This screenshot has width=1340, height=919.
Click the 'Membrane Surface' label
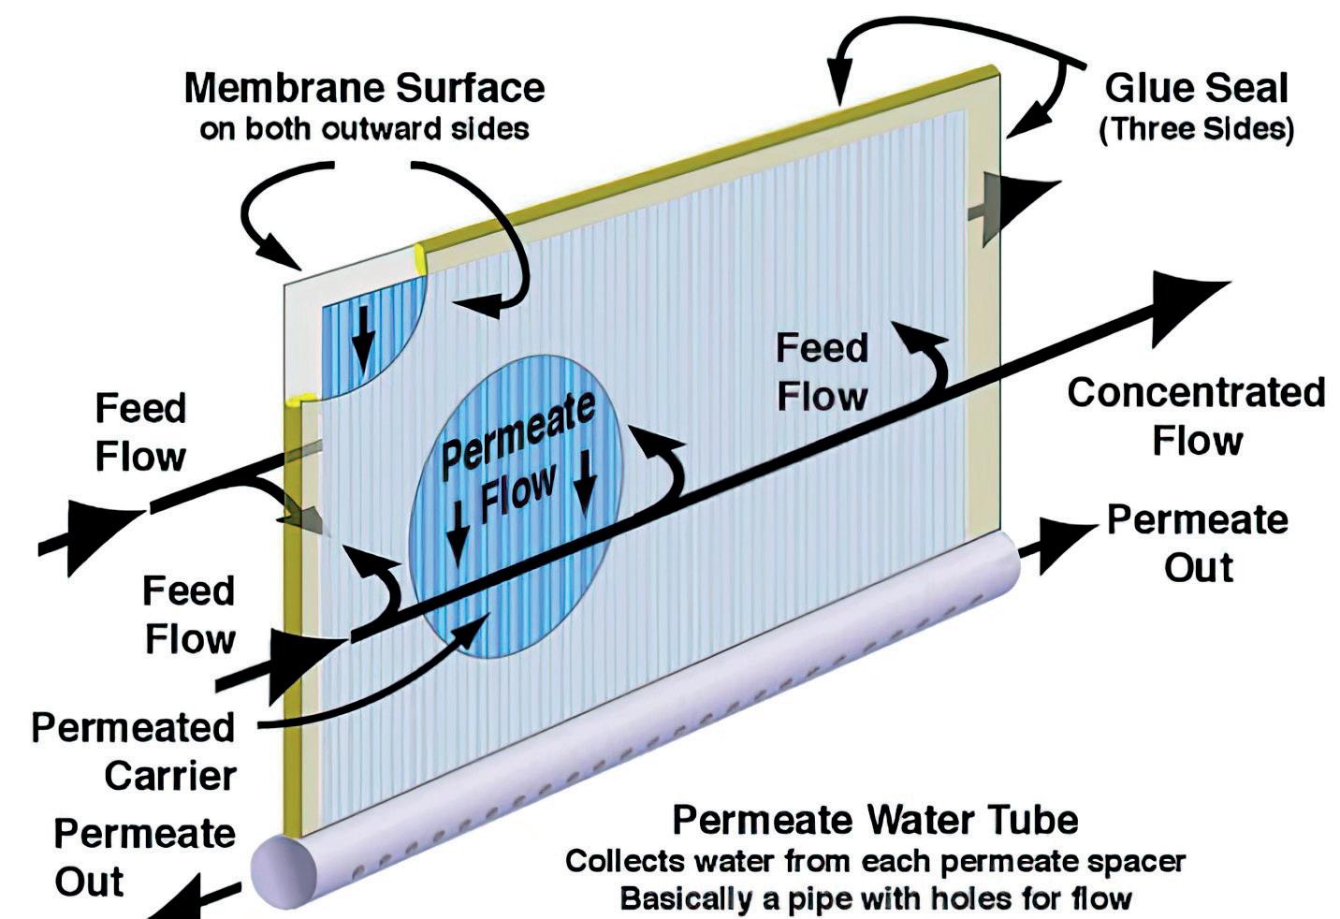tap(364, 88)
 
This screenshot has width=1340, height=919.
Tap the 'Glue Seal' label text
tap(1196, 88)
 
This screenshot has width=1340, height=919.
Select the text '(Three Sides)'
tap(1196, 128)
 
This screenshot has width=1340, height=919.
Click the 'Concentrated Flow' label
tap(1196, 416)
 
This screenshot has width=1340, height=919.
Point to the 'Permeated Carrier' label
tap(134, 751)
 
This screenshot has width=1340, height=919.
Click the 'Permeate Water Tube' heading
tap(875, 820)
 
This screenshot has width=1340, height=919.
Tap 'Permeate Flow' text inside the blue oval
tap(517, 459)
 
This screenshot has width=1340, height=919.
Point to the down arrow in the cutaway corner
tap(364, 351)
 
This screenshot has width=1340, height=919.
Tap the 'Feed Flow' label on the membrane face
tap(822, 372)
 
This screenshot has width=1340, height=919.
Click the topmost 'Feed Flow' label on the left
tap(141, 432)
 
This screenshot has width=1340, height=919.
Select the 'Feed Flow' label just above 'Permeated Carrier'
tap(189, 615)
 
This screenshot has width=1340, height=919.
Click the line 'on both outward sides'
tap(364, 128)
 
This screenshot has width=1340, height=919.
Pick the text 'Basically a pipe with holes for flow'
tap(875, 898)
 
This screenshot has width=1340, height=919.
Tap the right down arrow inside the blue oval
tap(586, 479)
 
